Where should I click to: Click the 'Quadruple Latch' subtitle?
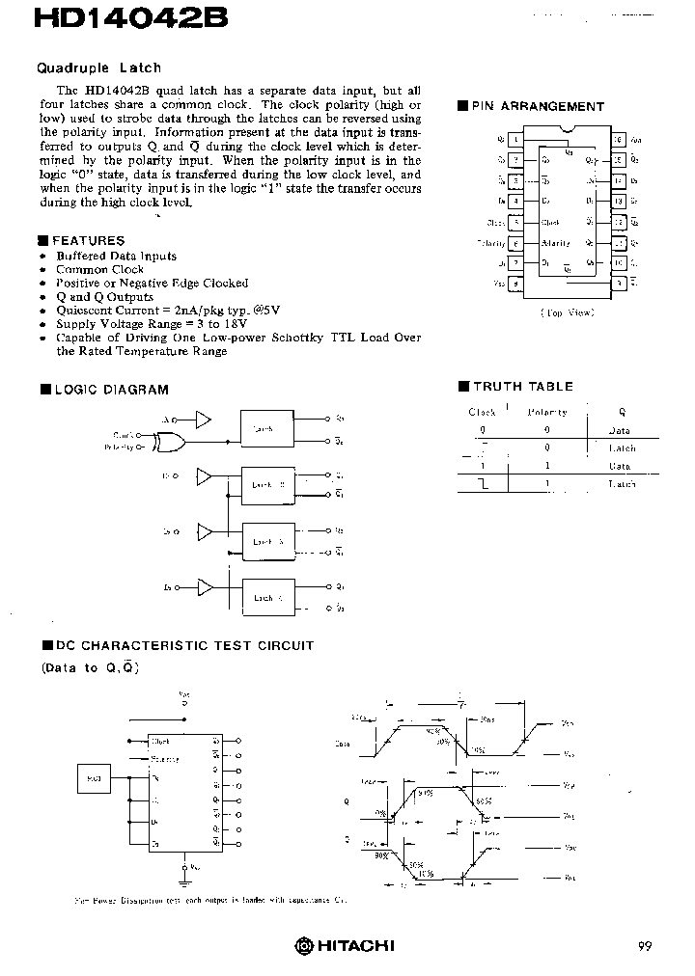(x=99, y=68)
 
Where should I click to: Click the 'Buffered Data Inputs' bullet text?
(x=116, y=256)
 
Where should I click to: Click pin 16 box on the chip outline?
(x=619, y=140)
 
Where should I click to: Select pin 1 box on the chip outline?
(x=517, y=140)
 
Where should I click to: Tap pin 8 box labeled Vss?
(x=517, y=284)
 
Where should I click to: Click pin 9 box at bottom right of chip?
(x=619, y=284)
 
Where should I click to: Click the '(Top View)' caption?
(x=568, y=312)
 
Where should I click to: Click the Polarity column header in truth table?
(x=547, y=412)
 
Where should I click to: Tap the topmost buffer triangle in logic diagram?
(x=203, y=419)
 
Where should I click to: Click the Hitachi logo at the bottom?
(x=345, y=945)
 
